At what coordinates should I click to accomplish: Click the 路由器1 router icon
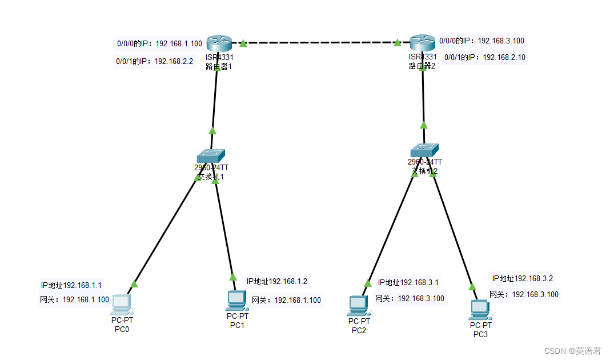click(219, 42)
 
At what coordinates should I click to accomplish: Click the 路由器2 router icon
click(423, 42)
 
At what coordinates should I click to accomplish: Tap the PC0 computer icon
click(122, 305)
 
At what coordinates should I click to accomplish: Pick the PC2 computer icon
click(358, 306)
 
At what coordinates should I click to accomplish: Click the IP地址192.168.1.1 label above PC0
click(71, 285)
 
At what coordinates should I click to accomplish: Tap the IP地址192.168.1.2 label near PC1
click(277, 281)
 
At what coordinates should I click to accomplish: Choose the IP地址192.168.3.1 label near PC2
click(408, 282)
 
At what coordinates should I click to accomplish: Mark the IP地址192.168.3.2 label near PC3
click(523, 278)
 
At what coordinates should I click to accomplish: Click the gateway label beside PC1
click(286, 300)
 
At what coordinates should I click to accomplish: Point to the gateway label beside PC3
click(524, 294)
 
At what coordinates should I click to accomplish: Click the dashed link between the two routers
click(320, 43)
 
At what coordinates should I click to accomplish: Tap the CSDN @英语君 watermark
click(572, 350)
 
